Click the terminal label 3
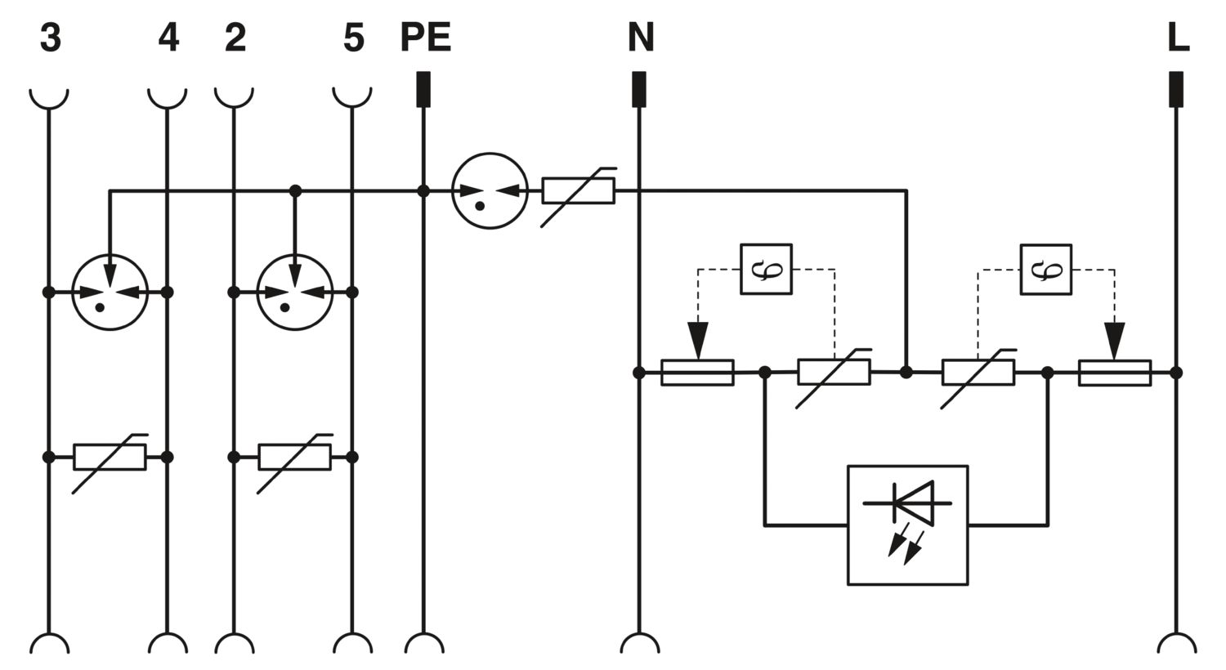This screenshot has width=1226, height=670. point(51,38)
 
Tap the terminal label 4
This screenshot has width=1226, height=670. point(168,38)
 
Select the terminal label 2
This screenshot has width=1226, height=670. point(235,38)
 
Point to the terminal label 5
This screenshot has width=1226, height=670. point(354,38)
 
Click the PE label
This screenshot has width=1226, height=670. point(426,38)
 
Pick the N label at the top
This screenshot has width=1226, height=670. point(640,38)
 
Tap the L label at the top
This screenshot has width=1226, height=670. point(1178,38)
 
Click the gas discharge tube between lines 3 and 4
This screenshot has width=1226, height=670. point(110,292)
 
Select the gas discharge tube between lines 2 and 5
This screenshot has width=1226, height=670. point(295,292)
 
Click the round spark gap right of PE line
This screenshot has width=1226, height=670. point(490,191)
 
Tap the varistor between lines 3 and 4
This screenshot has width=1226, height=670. point(110,458)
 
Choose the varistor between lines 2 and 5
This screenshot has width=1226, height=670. point(295,458)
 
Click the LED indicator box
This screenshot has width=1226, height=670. point(907,525)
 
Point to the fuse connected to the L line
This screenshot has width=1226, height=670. point(1115,373)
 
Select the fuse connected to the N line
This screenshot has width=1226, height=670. point(697,373)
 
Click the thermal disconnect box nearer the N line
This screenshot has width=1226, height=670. point(767,269)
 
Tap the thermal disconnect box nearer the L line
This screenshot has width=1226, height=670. point(1046,269)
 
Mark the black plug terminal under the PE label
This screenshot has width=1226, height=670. point(423,89)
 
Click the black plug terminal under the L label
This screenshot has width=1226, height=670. point(1176,89)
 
